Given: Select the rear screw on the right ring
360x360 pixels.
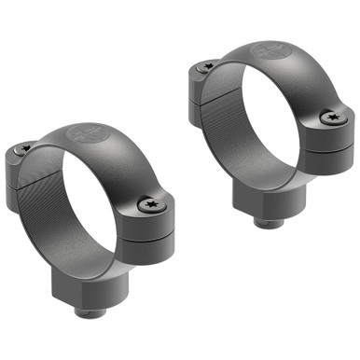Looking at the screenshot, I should pos(206,66).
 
